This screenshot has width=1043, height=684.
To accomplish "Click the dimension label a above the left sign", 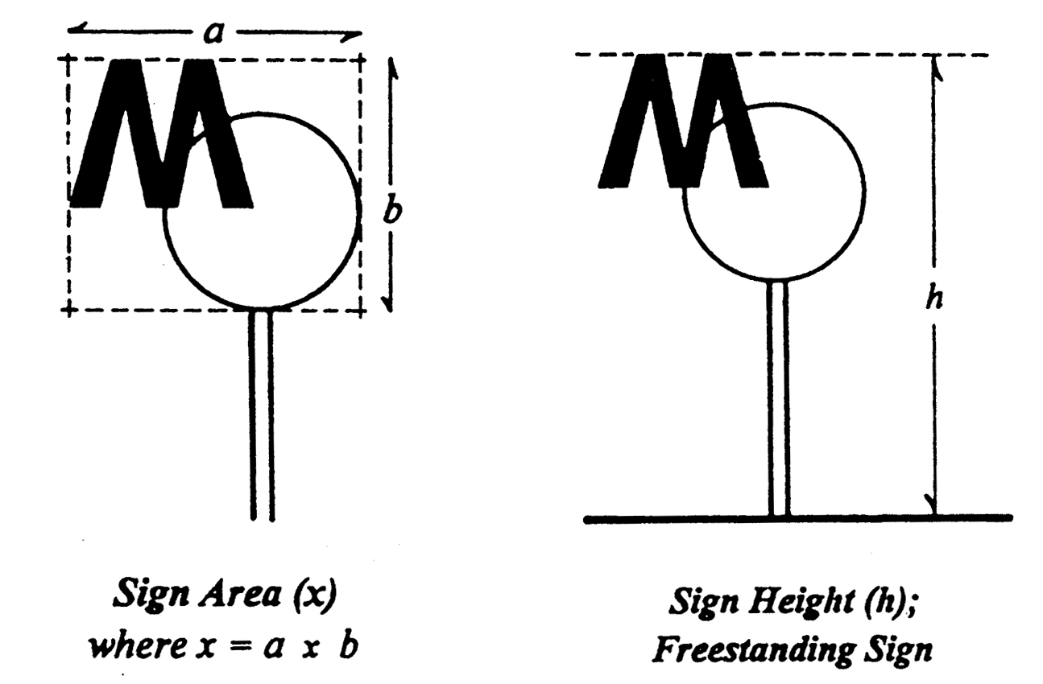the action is point(213,34).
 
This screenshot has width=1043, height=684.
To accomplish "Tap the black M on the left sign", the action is point(161,137).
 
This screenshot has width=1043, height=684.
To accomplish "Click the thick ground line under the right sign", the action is point(797,518).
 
